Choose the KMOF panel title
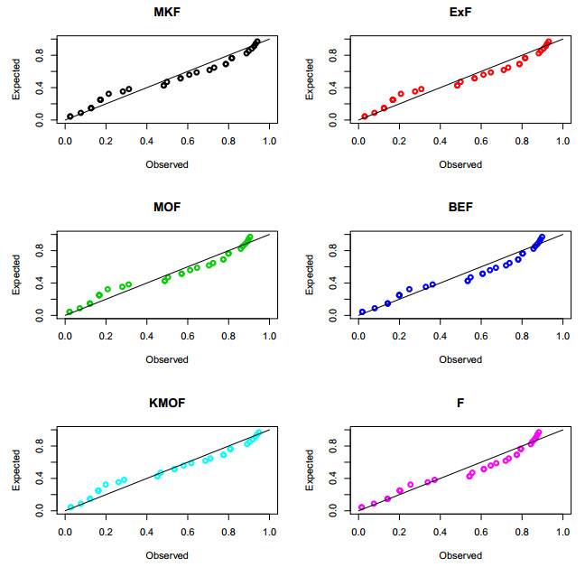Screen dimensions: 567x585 [x=167, y=404]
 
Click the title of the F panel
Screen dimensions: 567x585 [x=460, y=404]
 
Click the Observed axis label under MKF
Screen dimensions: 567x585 [x=167, y=164]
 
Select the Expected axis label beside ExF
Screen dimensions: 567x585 [x=310, y=79]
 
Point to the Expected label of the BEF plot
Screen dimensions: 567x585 [x=310, y=275]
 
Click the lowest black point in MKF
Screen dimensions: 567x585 [x=70, y=116]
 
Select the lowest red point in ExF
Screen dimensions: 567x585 [x=365, y=116]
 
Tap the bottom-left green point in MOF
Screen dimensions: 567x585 [x=70, y=312]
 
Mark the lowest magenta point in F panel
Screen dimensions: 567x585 [x=362, y=507]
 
